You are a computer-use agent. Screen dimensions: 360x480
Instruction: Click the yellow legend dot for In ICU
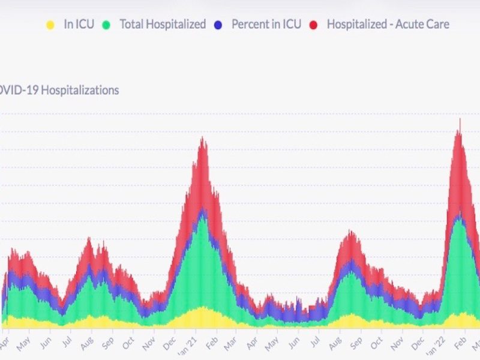(50, 25)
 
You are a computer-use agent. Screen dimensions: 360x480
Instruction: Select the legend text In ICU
(79, 25)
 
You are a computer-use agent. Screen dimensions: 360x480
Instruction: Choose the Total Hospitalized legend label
(163, 25)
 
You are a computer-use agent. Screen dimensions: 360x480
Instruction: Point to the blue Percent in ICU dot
(218, 25)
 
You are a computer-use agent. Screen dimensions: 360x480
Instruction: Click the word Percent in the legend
(249, 25)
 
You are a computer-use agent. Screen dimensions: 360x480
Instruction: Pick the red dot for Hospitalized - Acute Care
(313, 25)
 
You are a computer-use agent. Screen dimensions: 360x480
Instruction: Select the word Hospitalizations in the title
(84, 91)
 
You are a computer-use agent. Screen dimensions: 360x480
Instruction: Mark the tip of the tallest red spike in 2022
(460, 119)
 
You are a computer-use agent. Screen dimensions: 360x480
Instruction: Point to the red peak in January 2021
(202, 139)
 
